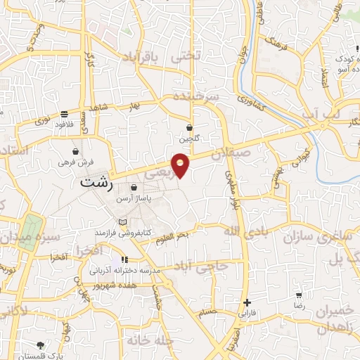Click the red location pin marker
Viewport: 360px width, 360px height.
[181, 165]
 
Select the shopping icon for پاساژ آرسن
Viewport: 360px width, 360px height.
[134, 188]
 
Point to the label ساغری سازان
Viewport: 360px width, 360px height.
[318, 237]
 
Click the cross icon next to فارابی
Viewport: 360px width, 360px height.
[247, 302]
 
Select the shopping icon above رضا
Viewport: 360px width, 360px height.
[300, 295]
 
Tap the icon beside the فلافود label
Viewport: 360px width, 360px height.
[64, 113]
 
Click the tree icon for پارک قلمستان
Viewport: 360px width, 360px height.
[40, 345]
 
